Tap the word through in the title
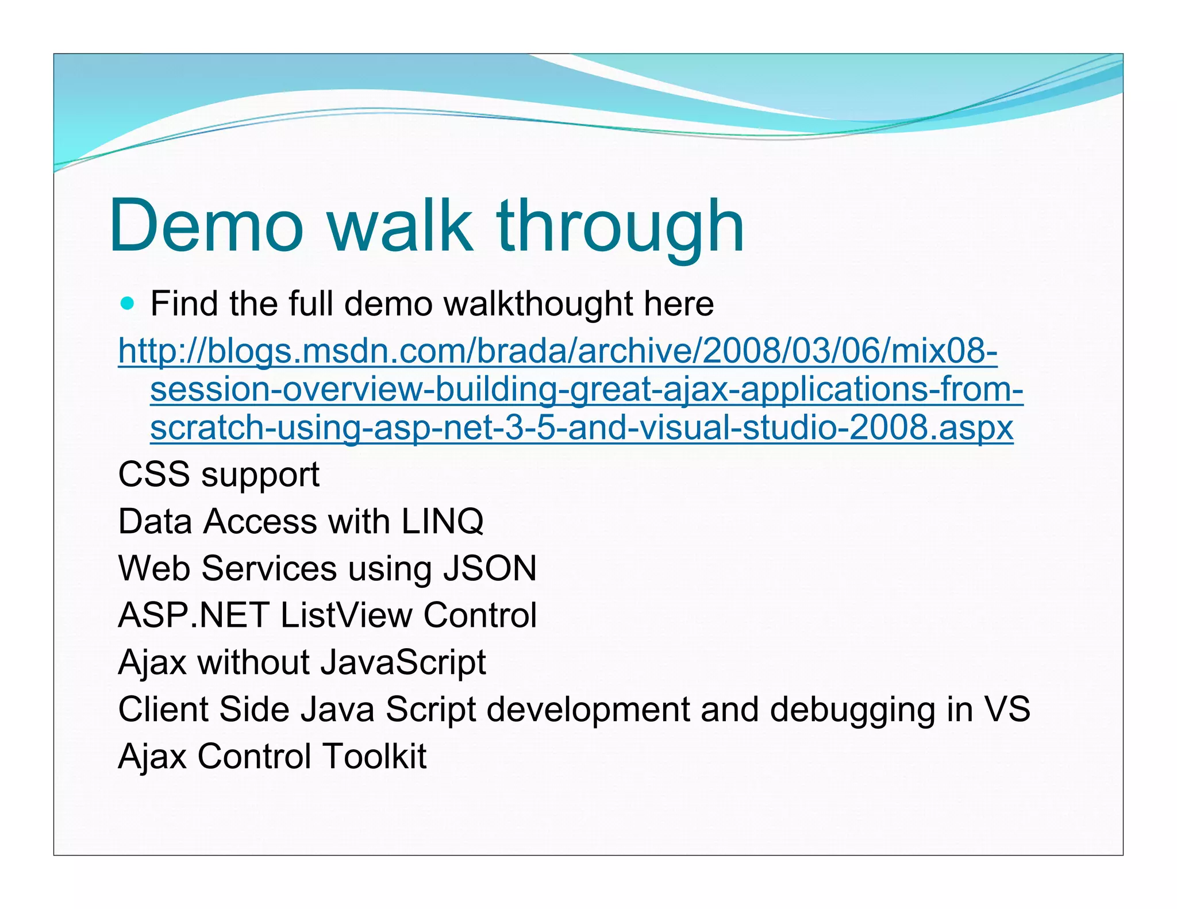(621, 227)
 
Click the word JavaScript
(403, 663)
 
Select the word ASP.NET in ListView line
(194, 615)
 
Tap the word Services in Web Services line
(269, 568)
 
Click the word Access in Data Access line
(260, 522)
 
